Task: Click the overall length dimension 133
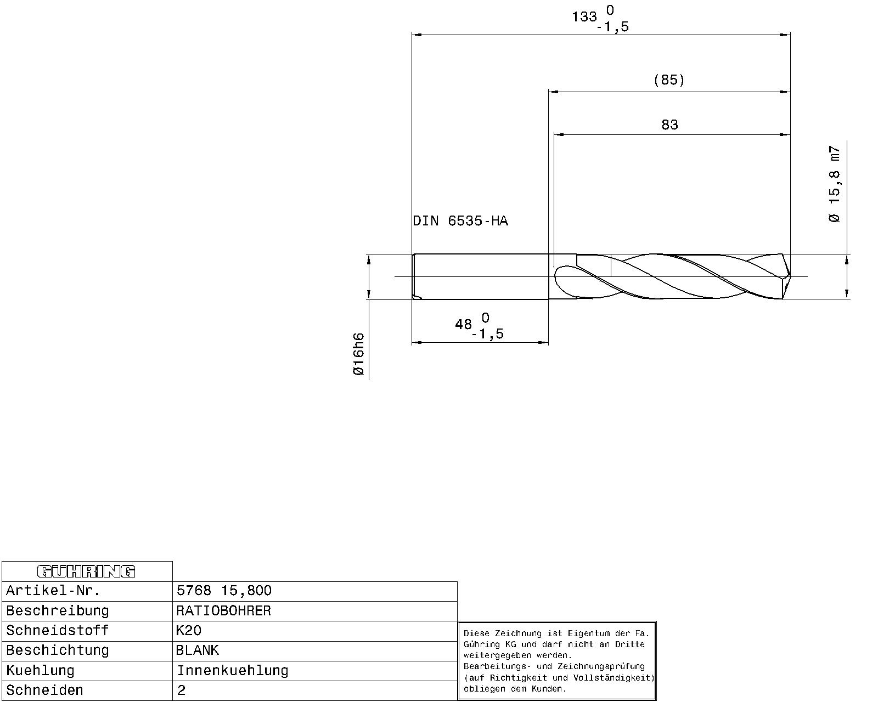pyautogui.click(x=584, y=17)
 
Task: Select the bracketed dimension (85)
pyautogui.click(x=669, y=80)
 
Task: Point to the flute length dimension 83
pyautogui.click(x=669, y=125)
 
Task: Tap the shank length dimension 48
pyautogui.click(x=463, y=325)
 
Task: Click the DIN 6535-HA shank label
pyautogui.click(x=460, y=221)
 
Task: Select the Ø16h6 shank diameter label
pyautogui.click(x=358, y=354)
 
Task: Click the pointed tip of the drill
pyautogui.click(x=790, y=276)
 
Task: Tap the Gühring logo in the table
pyautogui.click(x=86, y=571)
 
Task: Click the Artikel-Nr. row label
pyautogui.click(x=53, y=591)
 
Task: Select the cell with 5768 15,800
pyautogui.click(x=224, y=591)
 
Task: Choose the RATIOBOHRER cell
pyautogui.click(x=223, y=611)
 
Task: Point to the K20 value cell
pyautogui.click(x=189, y=631)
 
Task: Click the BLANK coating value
pyautogui.click(x=197, y=650)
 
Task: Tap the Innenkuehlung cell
pyautogui.click(x=232, y=671)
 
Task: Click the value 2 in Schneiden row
pyautogui.click(x=182, y=690)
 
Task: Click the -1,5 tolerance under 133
pyautogui.click(x=613, y=27)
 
